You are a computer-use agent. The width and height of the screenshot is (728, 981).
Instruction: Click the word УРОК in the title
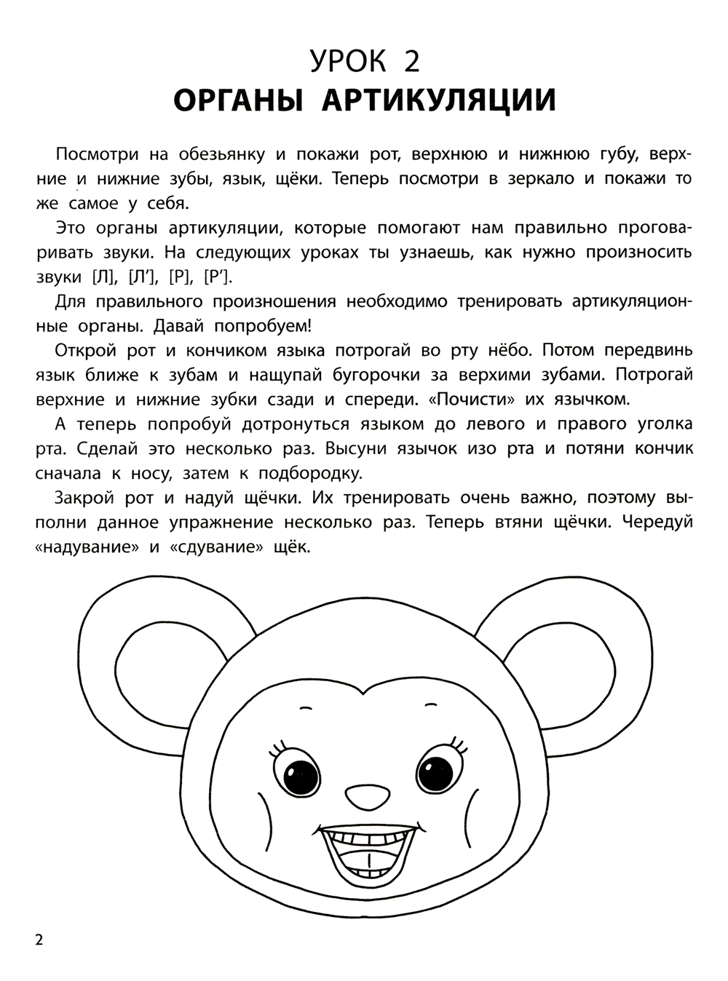[x=348, y=61]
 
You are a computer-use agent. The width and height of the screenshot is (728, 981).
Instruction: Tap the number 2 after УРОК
[x=411, y=61]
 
